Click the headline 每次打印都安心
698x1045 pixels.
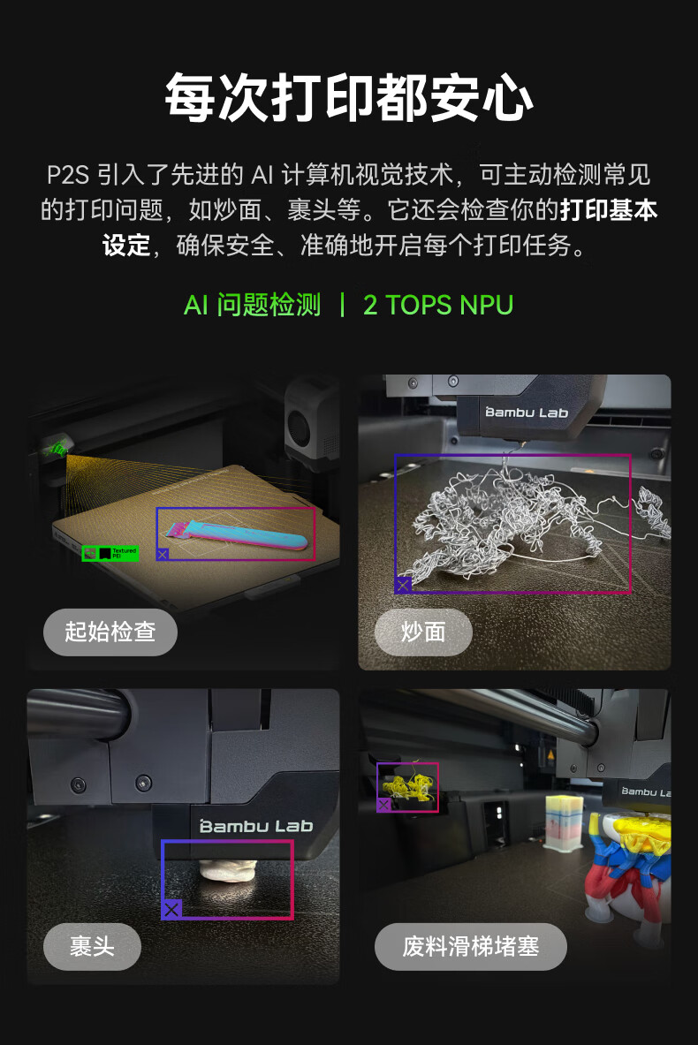[x=349, y=98]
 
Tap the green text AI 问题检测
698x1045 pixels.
[x=252, y=306]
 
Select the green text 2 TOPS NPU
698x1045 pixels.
[x=438, y=306]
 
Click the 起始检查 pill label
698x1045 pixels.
[x=110, y=632]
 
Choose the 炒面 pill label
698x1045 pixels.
[x=423, y=632]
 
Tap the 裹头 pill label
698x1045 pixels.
[x=92, y=946]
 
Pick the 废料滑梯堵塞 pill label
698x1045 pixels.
[x=471, y=946]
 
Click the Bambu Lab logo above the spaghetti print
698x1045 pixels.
[x=527, y=413]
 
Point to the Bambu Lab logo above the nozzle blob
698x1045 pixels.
[x=256, y=827]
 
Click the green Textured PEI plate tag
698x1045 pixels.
[x=110, y=553]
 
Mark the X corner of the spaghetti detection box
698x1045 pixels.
[x=403, y=585]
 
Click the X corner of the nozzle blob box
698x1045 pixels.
[x=171, y=909]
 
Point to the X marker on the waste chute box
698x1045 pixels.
[x=383, y=805]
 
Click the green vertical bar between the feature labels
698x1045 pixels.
[x=342, y=306]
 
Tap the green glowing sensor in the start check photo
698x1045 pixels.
[x=58, y=448]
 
